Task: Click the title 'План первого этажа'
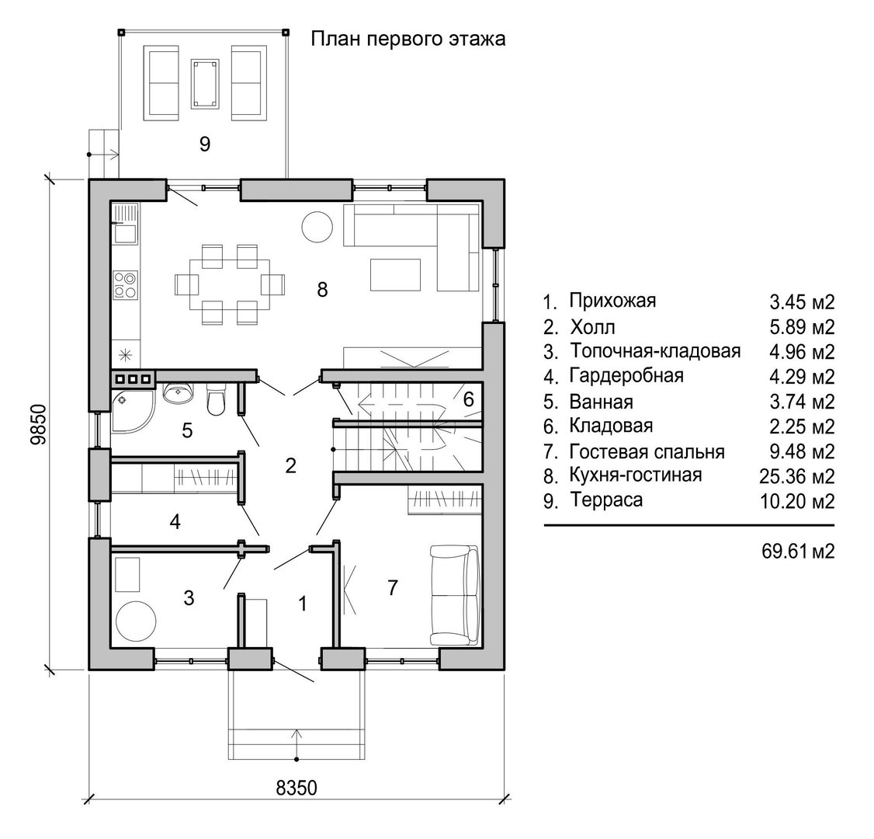pos(408,40)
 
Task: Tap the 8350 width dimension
pos(297,788)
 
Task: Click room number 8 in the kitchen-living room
pos(322,290)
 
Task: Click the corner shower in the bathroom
pos(132,412)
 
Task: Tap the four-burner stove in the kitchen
pos(125,284)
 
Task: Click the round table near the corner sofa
pos(317,227)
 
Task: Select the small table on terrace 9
pos(206,84)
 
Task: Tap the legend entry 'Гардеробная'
pos(626,376)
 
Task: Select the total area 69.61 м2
pos(798,551)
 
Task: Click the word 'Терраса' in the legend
pos(606,500)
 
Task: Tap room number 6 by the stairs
pos(468,399)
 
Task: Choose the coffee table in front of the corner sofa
pos(395,274)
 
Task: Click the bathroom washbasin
pos(179,393)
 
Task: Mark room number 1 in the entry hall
pos(303,604)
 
